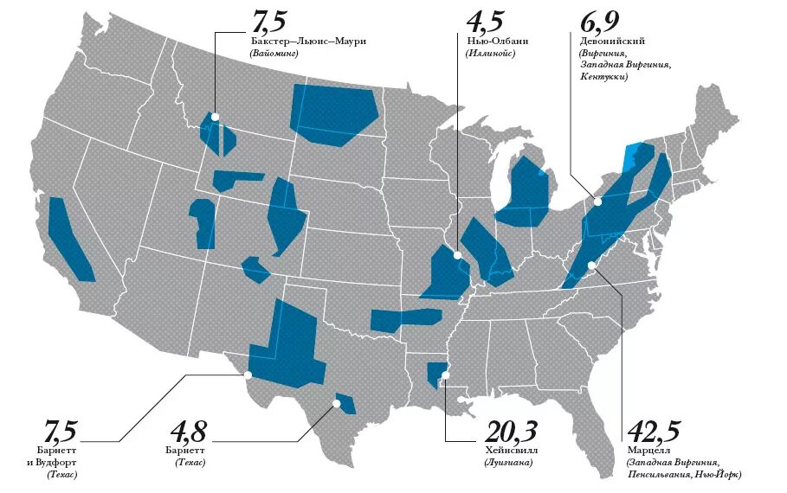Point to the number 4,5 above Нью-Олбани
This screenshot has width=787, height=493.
(x=487, y=20)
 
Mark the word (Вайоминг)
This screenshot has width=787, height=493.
(x=273, y=53)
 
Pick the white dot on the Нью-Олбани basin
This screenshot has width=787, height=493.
(x=457, y=254)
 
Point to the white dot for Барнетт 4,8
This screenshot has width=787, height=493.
(x=337, y=403)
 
